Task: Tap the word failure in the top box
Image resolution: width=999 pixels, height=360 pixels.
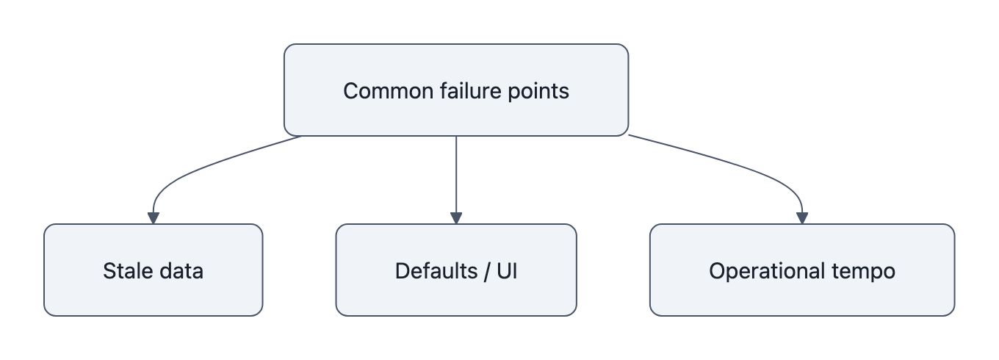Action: click(458, 91)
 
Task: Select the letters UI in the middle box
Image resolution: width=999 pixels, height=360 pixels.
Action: click(507, 271)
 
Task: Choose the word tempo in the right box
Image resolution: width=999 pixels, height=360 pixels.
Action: click(868, 271)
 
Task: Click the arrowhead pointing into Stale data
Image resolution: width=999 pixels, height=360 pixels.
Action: click(153, 218)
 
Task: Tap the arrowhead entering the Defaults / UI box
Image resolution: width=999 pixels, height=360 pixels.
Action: click(456, 218)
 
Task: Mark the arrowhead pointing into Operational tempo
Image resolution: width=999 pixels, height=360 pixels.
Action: click(802, 218)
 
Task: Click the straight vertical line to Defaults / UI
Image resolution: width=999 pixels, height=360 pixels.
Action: click(456, 176)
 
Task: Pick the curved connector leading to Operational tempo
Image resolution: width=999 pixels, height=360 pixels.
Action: click(742, 166)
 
